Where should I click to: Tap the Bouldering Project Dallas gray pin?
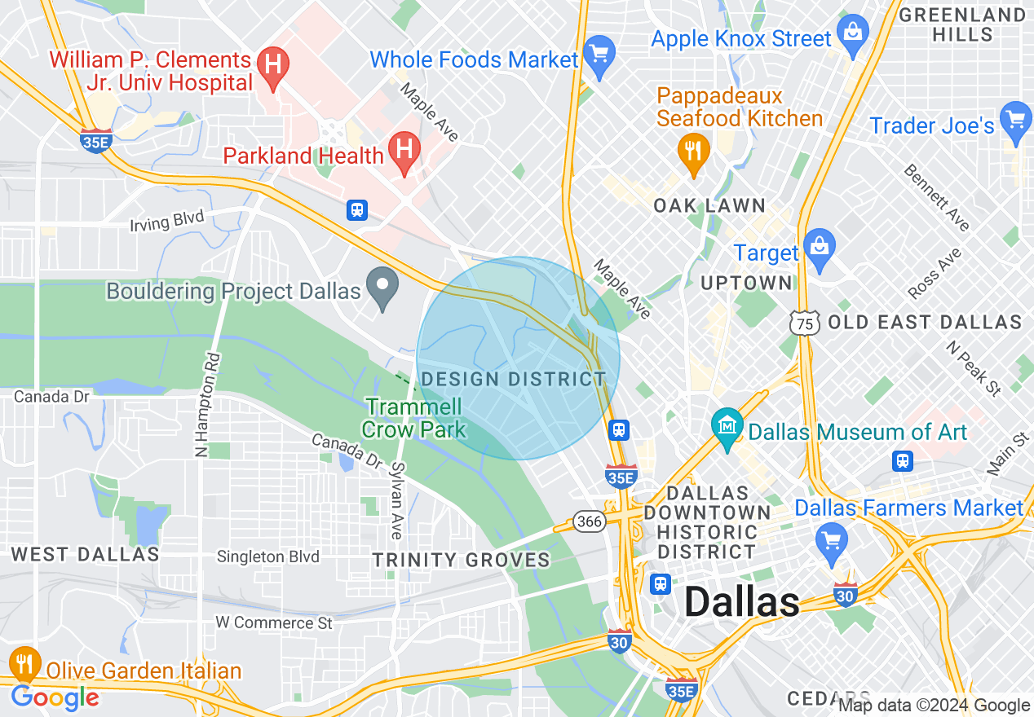(x=382, y=286)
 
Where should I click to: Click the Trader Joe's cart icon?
(x=1016, y=120)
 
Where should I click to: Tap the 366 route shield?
(x=589, y=521)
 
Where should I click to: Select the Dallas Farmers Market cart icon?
(x=832, y=540)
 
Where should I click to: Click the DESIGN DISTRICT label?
(x=513, y=379)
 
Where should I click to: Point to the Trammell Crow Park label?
(x=414, y=417)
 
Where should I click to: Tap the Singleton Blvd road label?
(x=267, y=557)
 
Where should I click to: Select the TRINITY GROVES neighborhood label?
(x=461, y=560)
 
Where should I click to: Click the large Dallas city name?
(x=741, y=601)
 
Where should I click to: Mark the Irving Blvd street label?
(x=166, y=220)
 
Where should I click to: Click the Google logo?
(x=55, y=697)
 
